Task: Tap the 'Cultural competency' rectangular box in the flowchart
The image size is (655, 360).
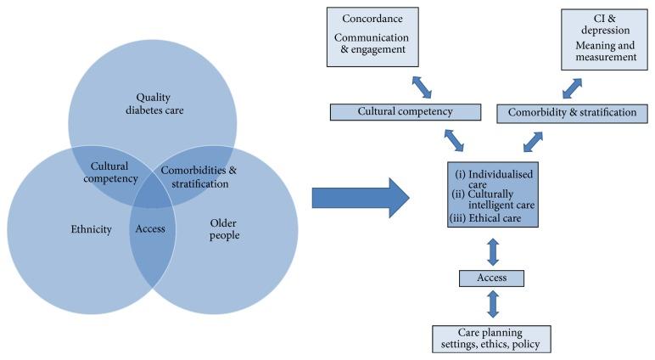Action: click(404, 111)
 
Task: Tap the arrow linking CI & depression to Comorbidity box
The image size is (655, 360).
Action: click(574, 86)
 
